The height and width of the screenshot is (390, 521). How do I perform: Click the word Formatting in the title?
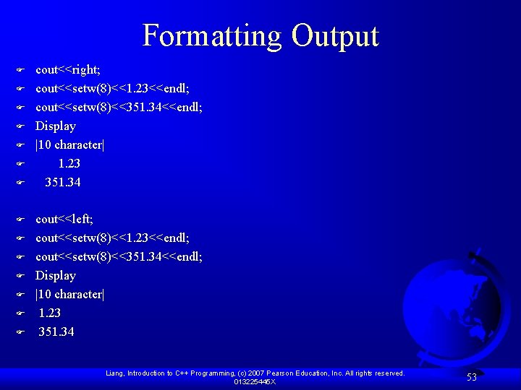213,36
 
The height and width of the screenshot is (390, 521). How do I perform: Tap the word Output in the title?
335,36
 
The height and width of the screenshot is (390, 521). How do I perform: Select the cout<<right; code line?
68,70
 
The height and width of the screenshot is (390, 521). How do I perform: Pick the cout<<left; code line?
64,219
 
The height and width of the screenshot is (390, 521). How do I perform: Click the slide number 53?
471,377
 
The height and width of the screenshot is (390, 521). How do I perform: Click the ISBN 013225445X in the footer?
254,381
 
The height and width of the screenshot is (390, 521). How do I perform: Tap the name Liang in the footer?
114,373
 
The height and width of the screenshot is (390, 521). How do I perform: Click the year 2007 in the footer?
271,373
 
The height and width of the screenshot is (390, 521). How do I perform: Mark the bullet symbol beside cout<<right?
21,71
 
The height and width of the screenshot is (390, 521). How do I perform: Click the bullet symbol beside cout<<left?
21,220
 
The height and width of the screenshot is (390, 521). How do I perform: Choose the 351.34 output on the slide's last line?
56,331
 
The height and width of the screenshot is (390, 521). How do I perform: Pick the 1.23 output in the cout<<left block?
50,313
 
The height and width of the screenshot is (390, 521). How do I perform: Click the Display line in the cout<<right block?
56,126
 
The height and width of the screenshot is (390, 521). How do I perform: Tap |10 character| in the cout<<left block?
70,294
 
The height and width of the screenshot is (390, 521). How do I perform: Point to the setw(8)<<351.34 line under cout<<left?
119,256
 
